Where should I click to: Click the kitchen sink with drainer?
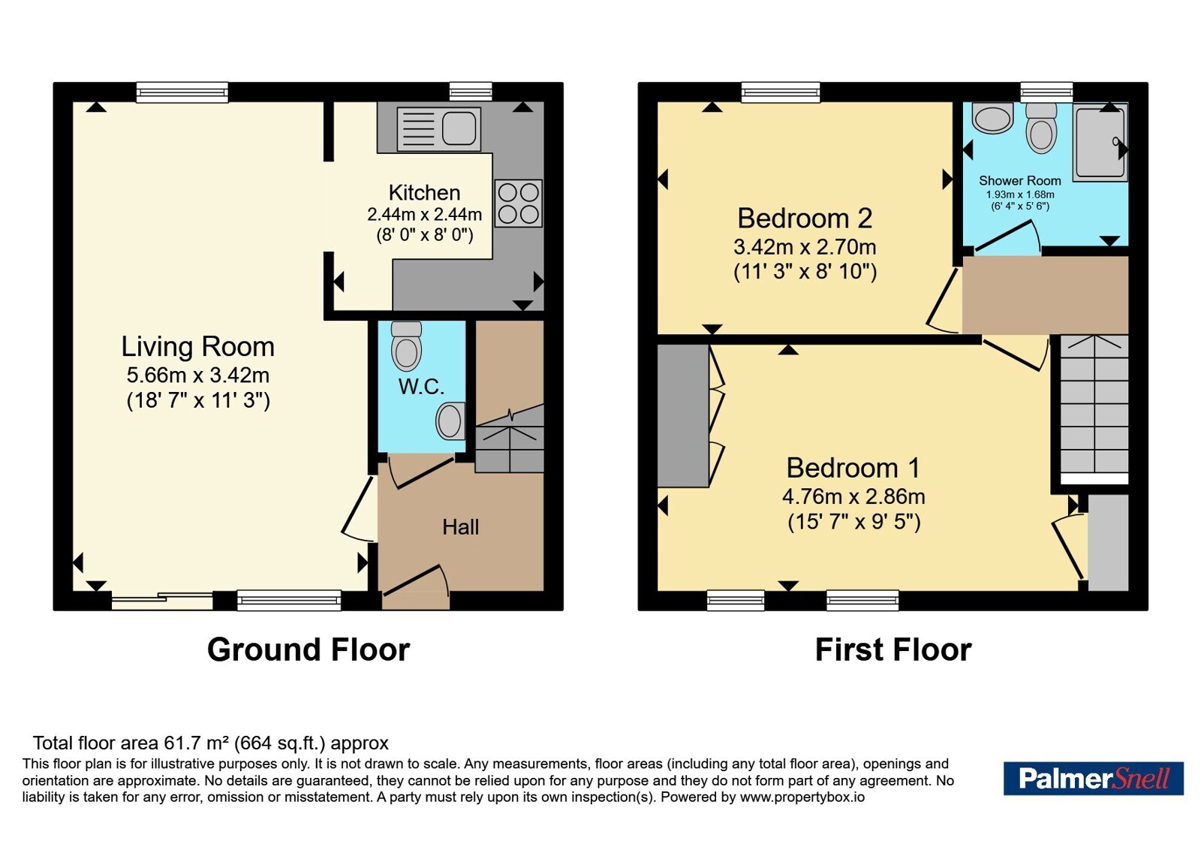click(x=438, y=128)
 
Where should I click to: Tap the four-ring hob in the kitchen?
click(x=519, y=203)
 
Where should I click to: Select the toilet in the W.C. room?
click(x=406, y=346)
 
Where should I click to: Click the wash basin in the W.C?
click(x=450, y=420)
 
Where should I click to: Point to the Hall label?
click(x=461, y=527)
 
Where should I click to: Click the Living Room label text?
click(x=198, y=346)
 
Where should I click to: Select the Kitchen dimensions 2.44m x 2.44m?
click(x=424, y=215)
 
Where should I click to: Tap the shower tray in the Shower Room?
click(x=1100, y=142)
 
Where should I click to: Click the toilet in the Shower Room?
click(x=1041, y=128)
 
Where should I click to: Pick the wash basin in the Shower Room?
click(x=992, y=118)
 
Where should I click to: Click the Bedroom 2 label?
click(x=805, y=219)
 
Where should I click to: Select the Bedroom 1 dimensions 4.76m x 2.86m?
click(x=853, y=496)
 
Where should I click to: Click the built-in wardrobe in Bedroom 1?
click(x=683, y=416)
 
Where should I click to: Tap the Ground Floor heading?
click(x=309, y=650)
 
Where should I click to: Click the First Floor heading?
click(x=893, y=650)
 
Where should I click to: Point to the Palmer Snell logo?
click(x=1093, y=778)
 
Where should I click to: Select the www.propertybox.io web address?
click(x=802, y=797)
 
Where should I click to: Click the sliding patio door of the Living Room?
click(x=162, y=601)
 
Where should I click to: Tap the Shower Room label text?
click(x=1020, y=181)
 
